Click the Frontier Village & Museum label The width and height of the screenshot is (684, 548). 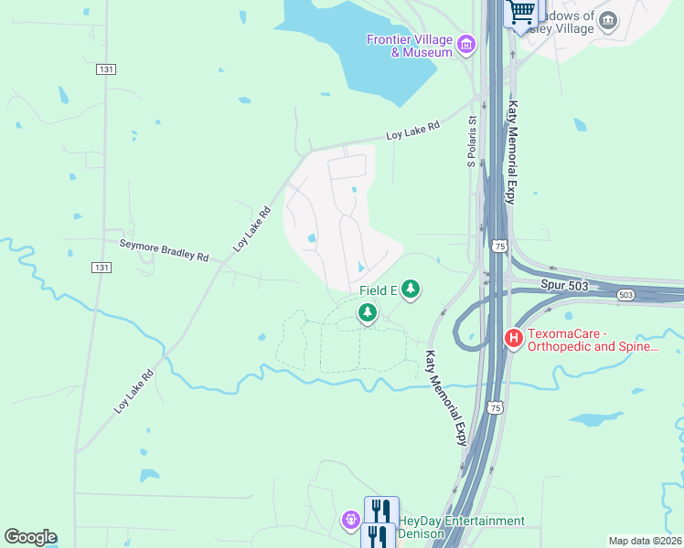click(410, 46)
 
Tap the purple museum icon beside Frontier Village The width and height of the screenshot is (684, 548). click(466, 43)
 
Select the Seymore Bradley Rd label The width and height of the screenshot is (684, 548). click(165, 249)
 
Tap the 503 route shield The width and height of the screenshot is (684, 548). click(625, 295)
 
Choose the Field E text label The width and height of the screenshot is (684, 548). click(378, 290)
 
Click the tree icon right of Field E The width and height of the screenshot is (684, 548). click(411, 290)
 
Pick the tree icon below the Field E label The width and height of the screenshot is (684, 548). click(368, 313)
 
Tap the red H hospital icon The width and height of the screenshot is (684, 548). click(514, 339)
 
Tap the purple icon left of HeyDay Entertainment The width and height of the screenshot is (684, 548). click(351, 521)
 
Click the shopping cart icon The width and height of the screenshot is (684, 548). click(522, 12)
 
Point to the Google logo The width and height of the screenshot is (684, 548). click(30, 537)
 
